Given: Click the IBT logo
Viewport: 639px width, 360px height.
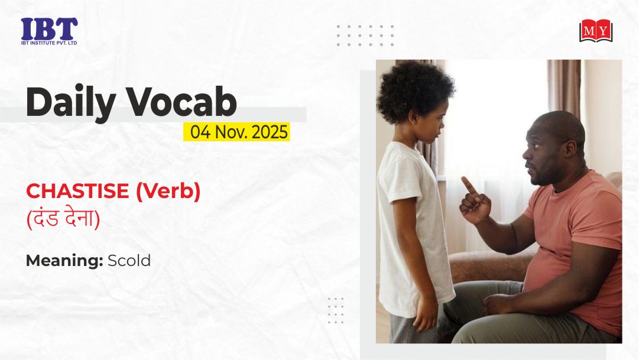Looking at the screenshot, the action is pos(49,31).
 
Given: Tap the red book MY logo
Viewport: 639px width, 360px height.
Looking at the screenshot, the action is pos(596,31).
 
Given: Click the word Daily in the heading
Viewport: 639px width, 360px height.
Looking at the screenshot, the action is pos(71,102).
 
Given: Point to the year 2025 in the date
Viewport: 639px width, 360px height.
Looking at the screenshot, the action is pos(270,132).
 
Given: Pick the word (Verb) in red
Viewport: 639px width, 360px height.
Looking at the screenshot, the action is pos(168,191).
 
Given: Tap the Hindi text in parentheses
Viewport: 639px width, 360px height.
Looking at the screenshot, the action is pos(63,219).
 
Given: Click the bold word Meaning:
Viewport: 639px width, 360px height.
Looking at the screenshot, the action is pos(64,261).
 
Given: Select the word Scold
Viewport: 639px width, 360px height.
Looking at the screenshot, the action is pos(129,261).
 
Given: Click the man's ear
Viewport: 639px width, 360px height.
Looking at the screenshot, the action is pos(570,148).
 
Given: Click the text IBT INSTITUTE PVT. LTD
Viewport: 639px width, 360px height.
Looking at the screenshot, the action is pos(49,43).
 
